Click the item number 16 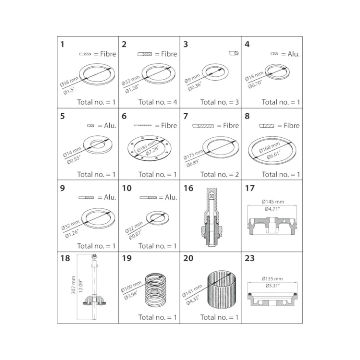tap(188, 188)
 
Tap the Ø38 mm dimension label tap(69, 82)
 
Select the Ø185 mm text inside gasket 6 tap(146, 147)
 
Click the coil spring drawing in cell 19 tap(155, 290)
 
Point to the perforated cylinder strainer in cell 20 tap(222, 290)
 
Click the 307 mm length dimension tap(73, 285)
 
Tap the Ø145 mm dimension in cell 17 tap(273, 202)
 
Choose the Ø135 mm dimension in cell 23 tap(272, 279)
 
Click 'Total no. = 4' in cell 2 tap(158, 102)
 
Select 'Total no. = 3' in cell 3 tap(219, 102)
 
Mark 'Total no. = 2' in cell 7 tap(219, 174)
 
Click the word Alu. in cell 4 tap(294, 54)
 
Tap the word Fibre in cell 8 tap(292, 126)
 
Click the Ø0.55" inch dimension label tap(74, 160)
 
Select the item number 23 tap(250, 258)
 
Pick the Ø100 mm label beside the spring tap(131, 287)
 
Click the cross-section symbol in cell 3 tap(234, 53)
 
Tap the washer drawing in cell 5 tap(98, 145)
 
